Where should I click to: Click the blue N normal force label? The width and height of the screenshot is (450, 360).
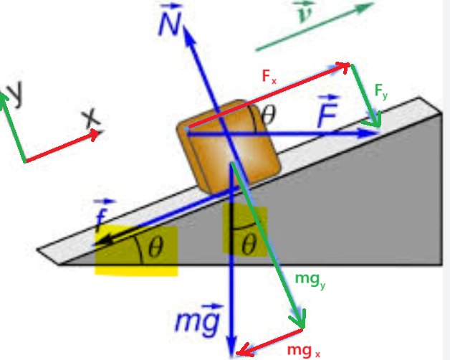pos(171,19)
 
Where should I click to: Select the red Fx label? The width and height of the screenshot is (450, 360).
pos(269,77)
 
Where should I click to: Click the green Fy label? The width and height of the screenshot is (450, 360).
pos(381,92)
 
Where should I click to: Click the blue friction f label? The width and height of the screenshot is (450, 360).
pos(102,214)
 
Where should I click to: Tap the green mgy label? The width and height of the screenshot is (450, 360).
pos(310,280)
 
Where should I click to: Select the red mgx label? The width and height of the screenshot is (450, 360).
pos(303,351)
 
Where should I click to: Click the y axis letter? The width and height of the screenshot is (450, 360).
pos(14,93)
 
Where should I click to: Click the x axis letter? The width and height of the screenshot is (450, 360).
pos(91,118)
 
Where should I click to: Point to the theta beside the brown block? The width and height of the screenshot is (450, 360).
pos(269,114)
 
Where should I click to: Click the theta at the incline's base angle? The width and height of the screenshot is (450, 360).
pos(156,247)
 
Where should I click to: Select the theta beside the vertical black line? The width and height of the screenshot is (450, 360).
pos(249,245)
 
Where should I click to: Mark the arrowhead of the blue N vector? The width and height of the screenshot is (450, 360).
pos(188,35)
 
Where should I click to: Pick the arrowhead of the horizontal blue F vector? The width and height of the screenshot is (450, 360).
pos(370,133)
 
